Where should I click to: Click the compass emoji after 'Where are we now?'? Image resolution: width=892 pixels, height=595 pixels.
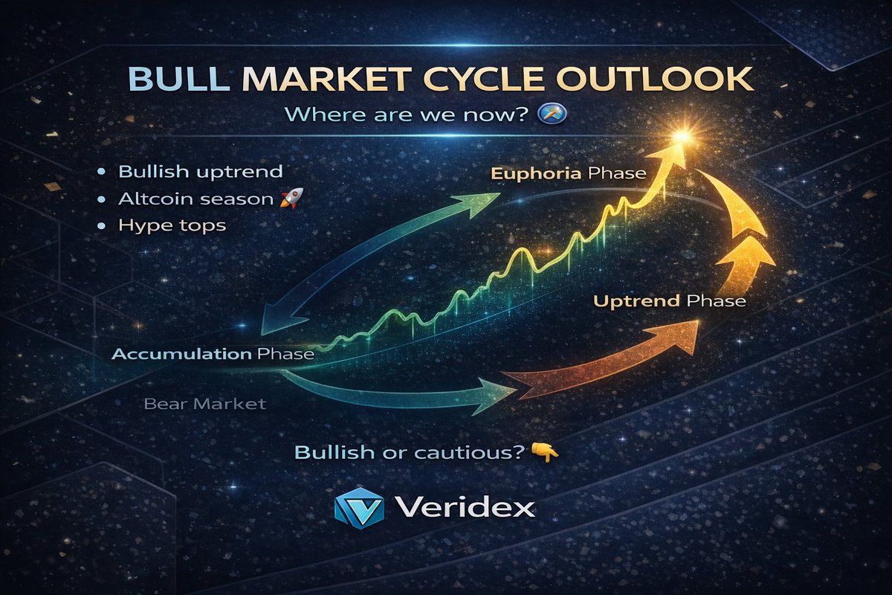[555, 114]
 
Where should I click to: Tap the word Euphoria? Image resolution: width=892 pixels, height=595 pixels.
[535, 174]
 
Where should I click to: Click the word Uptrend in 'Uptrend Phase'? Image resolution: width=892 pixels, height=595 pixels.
[638, 302]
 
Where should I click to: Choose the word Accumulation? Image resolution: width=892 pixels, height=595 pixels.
[181, 354]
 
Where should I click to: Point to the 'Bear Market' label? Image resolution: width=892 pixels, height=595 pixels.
[204, 405]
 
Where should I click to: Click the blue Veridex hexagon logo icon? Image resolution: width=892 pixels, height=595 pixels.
[359, 508]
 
